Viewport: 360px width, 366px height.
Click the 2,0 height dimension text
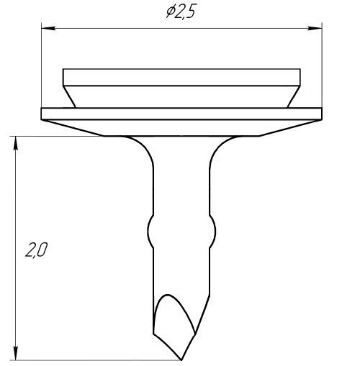tap(37, 250)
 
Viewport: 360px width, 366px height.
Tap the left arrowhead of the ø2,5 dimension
tap(48, 28)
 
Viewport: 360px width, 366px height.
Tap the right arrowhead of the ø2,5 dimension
tap(315, 28)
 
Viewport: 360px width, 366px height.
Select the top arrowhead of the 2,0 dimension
tap(16, 143)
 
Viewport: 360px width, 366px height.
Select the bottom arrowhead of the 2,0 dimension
tap(16, 353)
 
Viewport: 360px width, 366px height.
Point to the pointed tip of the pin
tap(181, 360)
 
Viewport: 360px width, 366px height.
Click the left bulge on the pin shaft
tap(150, 232)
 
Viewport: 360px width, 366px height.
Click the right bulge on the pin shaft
tap(213, 232)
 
